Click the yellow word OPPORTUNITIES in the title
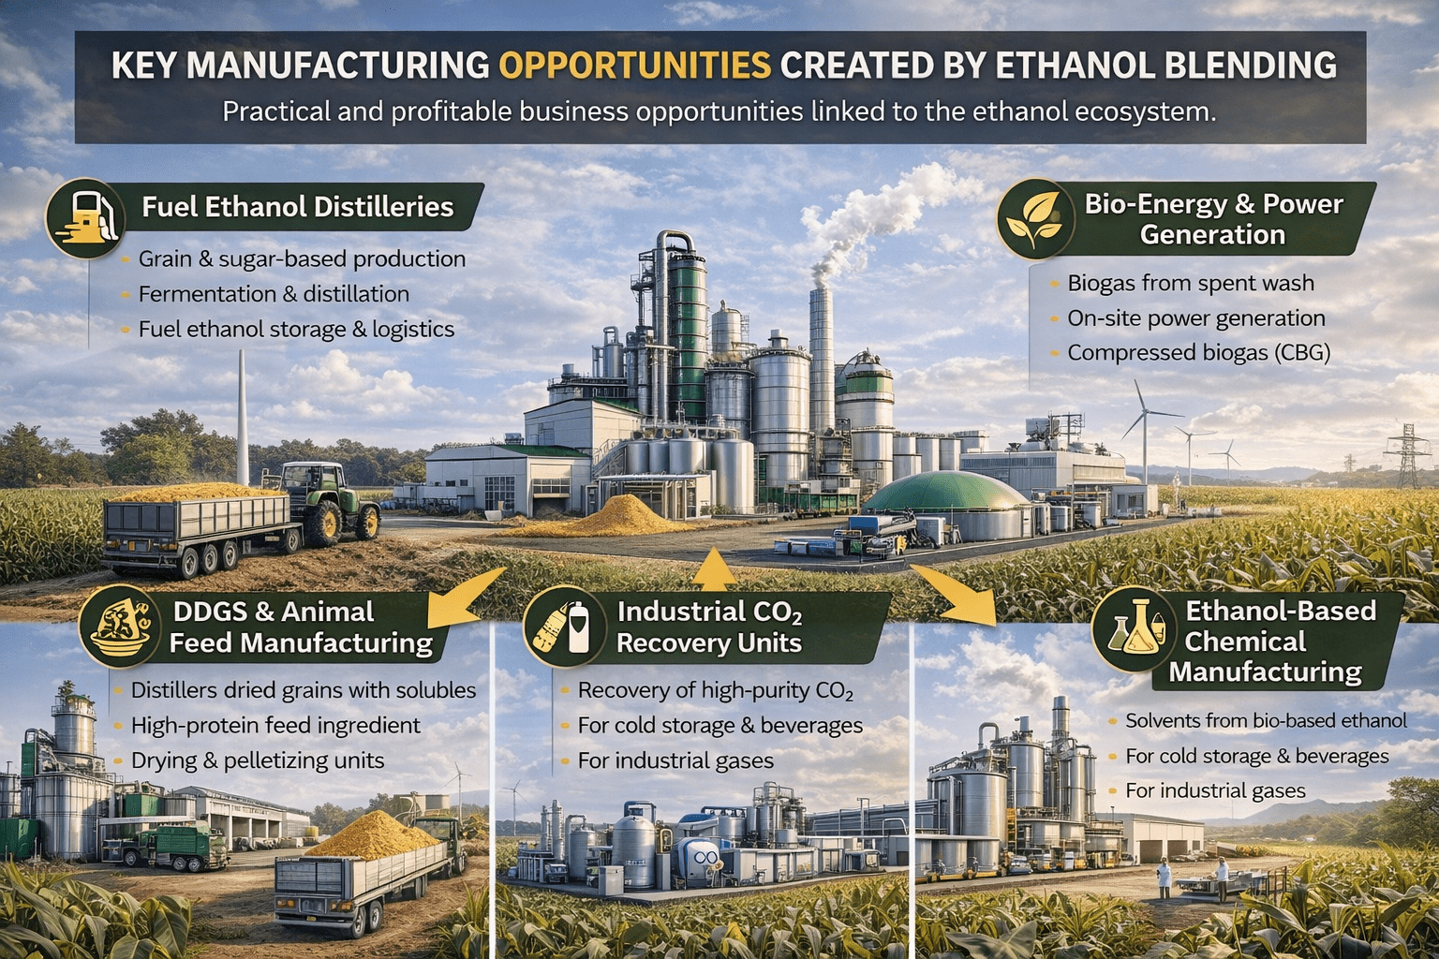[634, 66]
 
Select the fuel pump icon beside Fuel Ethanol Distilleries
[86, 218]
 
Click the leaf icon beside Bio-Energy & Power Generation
[1035, 219]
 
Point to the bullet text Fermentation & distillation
[274, 294]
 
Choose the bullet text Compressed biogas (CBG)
[1198, 353]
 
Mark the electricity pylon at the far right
[1407, 456]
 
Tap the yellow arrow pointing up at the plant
[714, 568]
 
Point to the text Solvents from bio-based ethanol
[1266, 721]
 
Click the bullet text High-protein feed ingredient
[275, 726]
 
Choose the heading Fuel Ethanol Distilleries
[297, 207]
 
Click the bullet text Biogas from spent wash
[1191, 283]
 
